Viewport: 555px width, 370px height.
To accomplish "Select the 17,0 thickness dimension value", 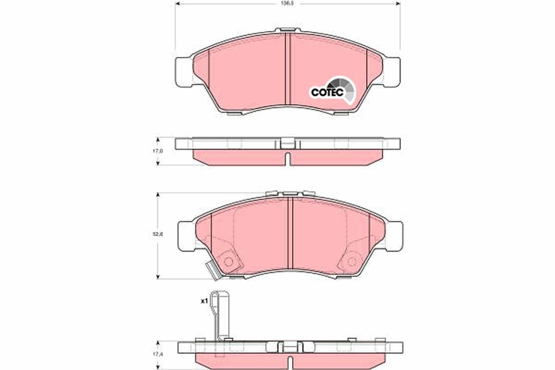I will (158, 151).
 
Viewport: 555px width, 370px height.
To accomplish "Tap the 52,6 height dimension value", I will (158, 234).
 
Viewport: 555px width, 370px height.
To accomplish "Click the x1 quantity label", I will (203, 302).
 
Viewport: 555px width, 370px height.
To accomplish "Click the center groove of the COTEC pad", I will (287, 69).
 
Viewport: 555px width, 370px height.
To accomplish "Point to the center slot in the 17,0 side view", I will (287, 158).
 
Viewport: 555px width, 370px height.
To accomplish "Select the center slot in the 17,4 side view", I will (290, 361).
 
